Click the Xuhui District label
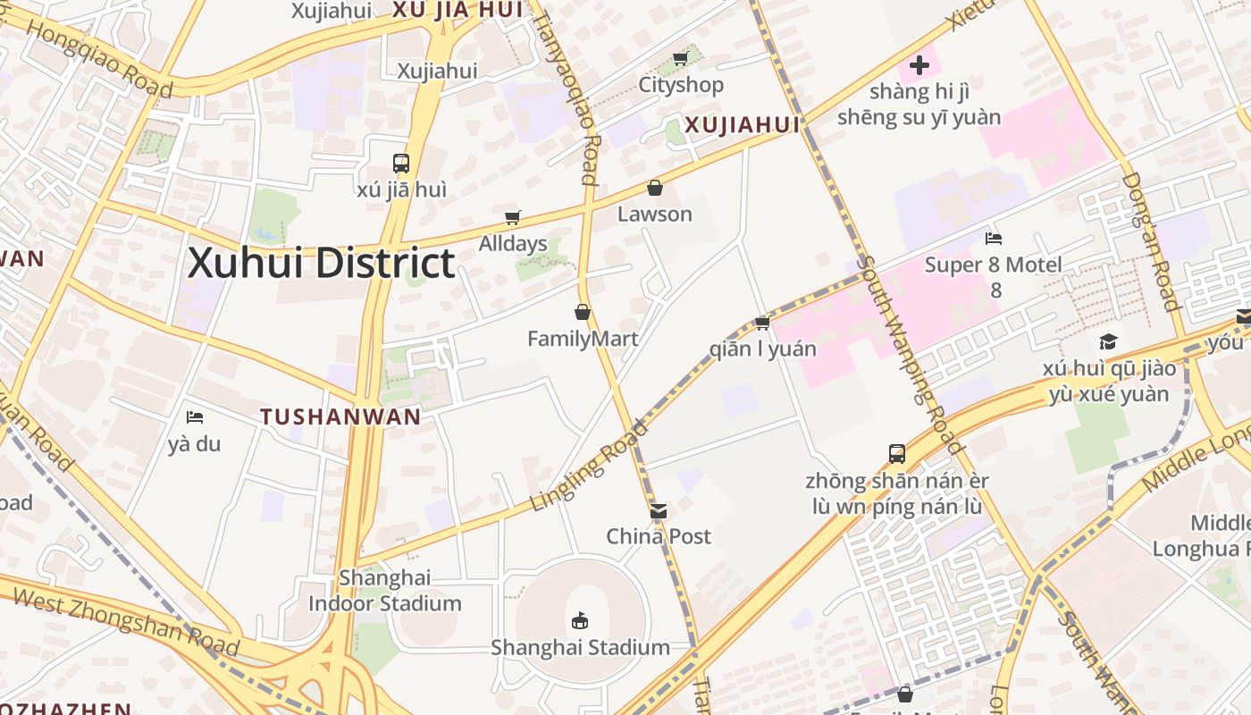(x=322, y=264)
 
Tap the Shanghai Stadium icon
(x=580, y=619)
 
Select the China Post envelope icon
(x=659, y=510)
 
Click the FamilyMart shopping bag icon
(x=583, y=312)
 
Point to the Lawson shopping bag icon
(x=655, y=188)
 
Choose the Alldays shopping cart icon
(x=513, y=217)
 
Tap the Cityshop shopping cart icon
(x=680, y=59)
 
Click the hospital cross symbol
(x=919, y=64)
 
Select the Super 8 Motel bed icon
(x=994, y=238)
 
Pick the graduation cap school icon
(x=1108, y=341)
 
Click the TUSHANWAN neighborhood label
(x=340, y=416)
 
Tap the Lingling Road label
(x=588, y=467)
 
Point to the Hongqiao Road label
(x=98, y=56)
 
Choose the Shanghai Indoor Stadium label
(x=385, y=591)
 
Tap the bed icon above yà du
(x=194, y=417)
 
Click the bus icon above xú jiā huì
(x=401, y=164)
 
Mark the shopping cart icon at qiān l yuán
(x=762, y=323)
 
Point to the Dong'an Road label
(x=1152, y=241)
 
